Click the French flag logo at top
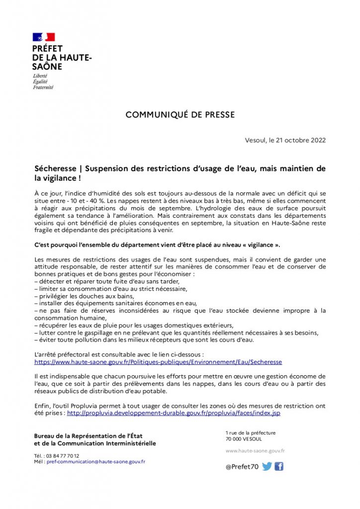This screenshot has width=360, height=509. coord(44,37)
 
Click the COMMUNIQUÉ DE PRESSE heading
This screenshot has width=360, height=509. coord(180,115)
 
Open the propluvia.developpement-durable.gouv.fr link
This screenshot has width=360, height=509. coord(174,413)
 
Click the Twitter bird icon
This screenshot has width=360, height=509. coord(267,466)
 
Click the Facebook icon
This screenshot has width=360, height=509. coord(279,466)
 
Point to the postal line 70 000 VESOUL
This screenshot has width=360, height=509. coord(244,439)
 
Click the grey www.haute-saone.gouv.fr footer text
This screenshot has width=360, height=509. coord(255,451)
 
